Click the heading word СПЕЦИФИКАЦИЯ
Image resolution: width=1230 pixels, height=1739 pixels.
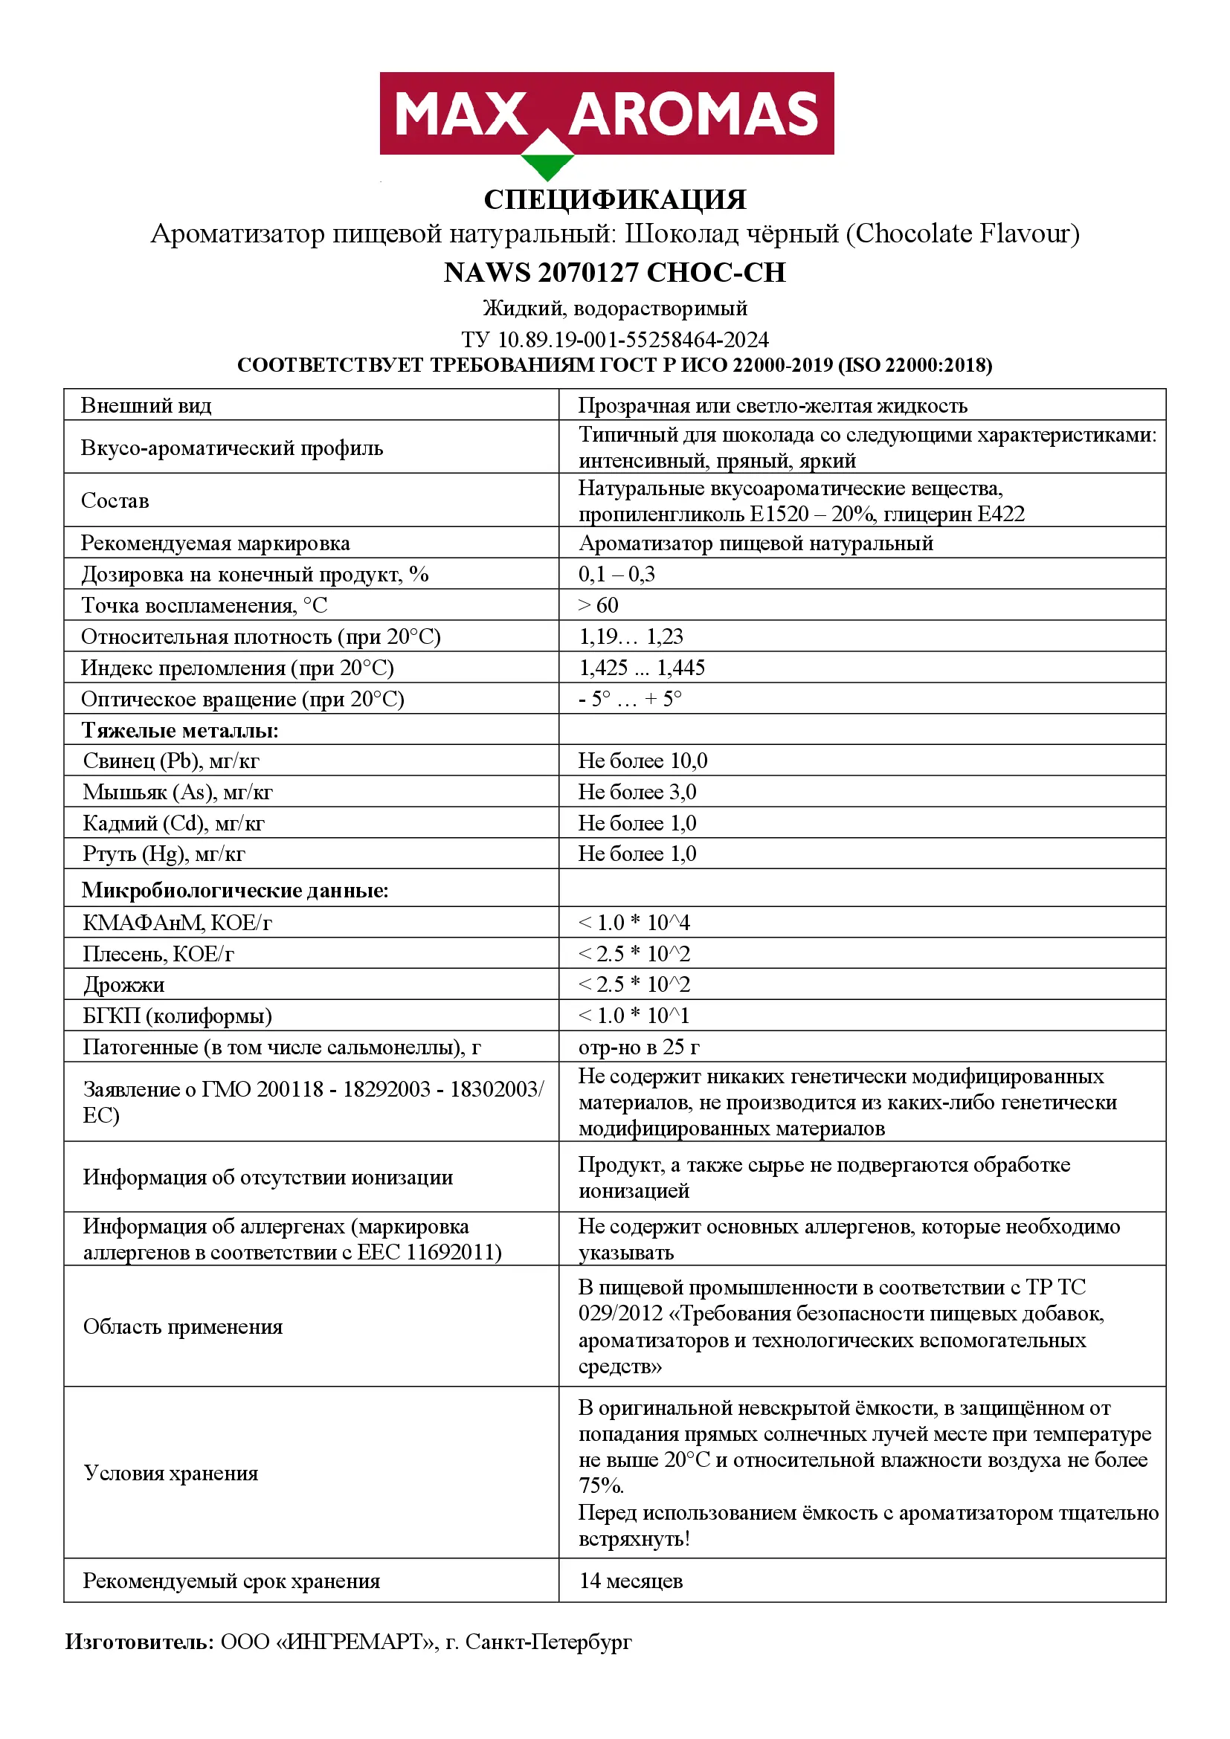coord(615,200)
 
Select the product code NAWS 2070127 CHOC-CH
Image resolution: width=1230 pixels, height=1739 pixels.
coord(614,273)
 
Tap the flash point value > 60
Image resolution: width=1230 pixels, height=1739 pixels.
coord(598,605)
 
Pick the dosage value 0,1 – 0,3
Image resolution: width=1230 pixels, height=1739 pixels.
coord(616,574)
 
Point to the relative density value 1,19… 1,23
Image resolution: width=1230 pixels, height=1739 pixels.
coord(631,636)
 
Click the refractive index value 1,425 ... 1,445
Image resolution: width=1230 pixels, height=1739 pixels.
coord(642,667)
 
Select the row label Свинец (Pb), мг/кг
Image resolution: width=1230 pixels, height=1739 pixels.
coord(171,761)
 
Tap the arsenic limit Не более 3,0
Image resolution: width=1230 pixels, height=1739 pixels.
coord(637,792)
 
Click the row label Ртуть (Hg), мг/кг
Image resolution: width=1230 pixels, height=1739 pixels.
coord(164,854)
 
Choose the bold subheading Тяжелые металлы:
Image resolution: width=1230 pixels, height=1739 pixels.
coord(180,730)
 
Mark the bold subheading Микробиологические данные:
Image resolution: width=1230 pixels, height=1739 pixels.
coord(235,890)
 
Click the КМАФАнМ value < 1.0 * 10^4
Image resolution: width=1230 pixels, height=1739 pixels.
coord(634,923)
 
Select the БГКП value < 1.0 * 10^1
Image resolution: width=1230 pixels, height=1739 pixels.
coord(634,1016)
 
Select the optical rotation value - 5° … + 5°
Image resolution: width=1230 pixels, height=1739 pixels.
coord(629,698)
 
